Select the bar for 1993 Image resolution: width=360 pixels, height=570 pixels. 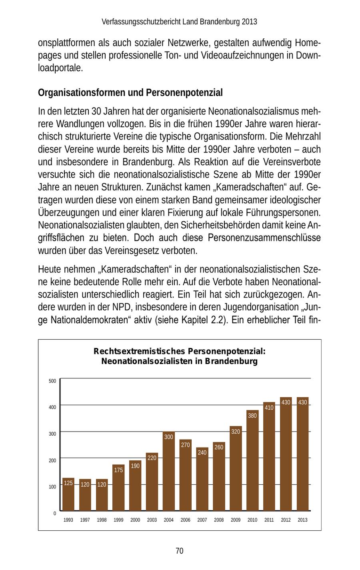[68, 494]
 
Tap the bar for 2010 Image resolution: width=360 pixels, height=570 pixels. [252, 460]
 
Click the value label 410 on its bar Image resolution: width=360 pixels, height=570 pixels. [269, 408]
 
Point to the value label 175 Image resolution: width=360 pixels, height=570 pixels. [118, 470]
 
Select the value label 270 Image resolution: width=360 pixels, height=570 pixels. [185, 445]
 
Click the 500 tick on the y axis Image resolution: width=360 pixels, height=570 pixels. [52, 381]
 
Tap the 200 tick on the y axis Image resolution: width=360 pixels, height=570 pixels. [52, 460]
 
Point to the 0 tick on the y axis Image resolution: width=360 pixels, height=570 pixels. [55, 513]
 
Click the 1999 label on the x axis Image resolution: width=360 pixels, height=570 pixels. [118, 520]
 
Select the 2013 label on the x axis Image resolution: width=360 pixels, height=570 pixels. [302, 520]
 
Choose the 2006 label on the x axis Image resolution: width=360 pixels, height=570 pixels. [185, 520]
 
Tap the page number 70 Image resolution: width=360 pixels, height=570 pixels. [180, 551]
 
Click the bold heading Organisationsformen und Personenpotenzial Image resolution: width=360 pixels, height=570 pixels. [130, 93]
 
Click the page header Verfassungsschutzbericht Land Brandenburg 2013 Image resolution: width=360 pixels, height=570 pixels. [180, 22]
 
